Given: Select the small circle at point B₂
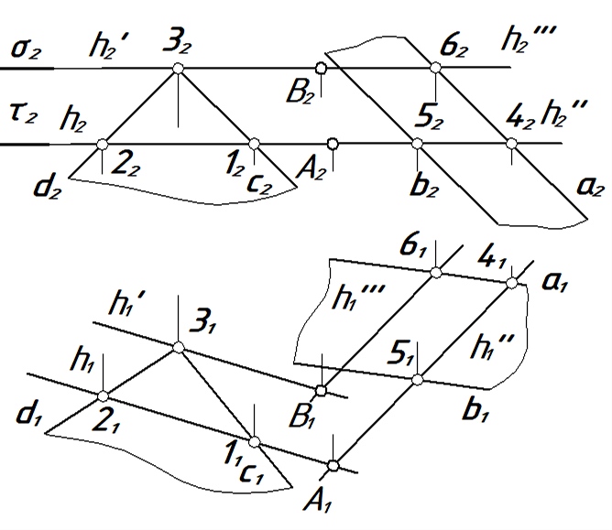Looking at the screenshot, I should pos(320,68).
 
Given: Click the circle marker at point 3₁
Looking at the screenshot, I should pos(179,347).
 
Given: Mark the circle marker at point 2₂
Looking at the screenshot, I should pos(102,143).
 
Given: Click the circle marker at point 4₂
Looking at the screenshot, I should pos(509,143).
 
